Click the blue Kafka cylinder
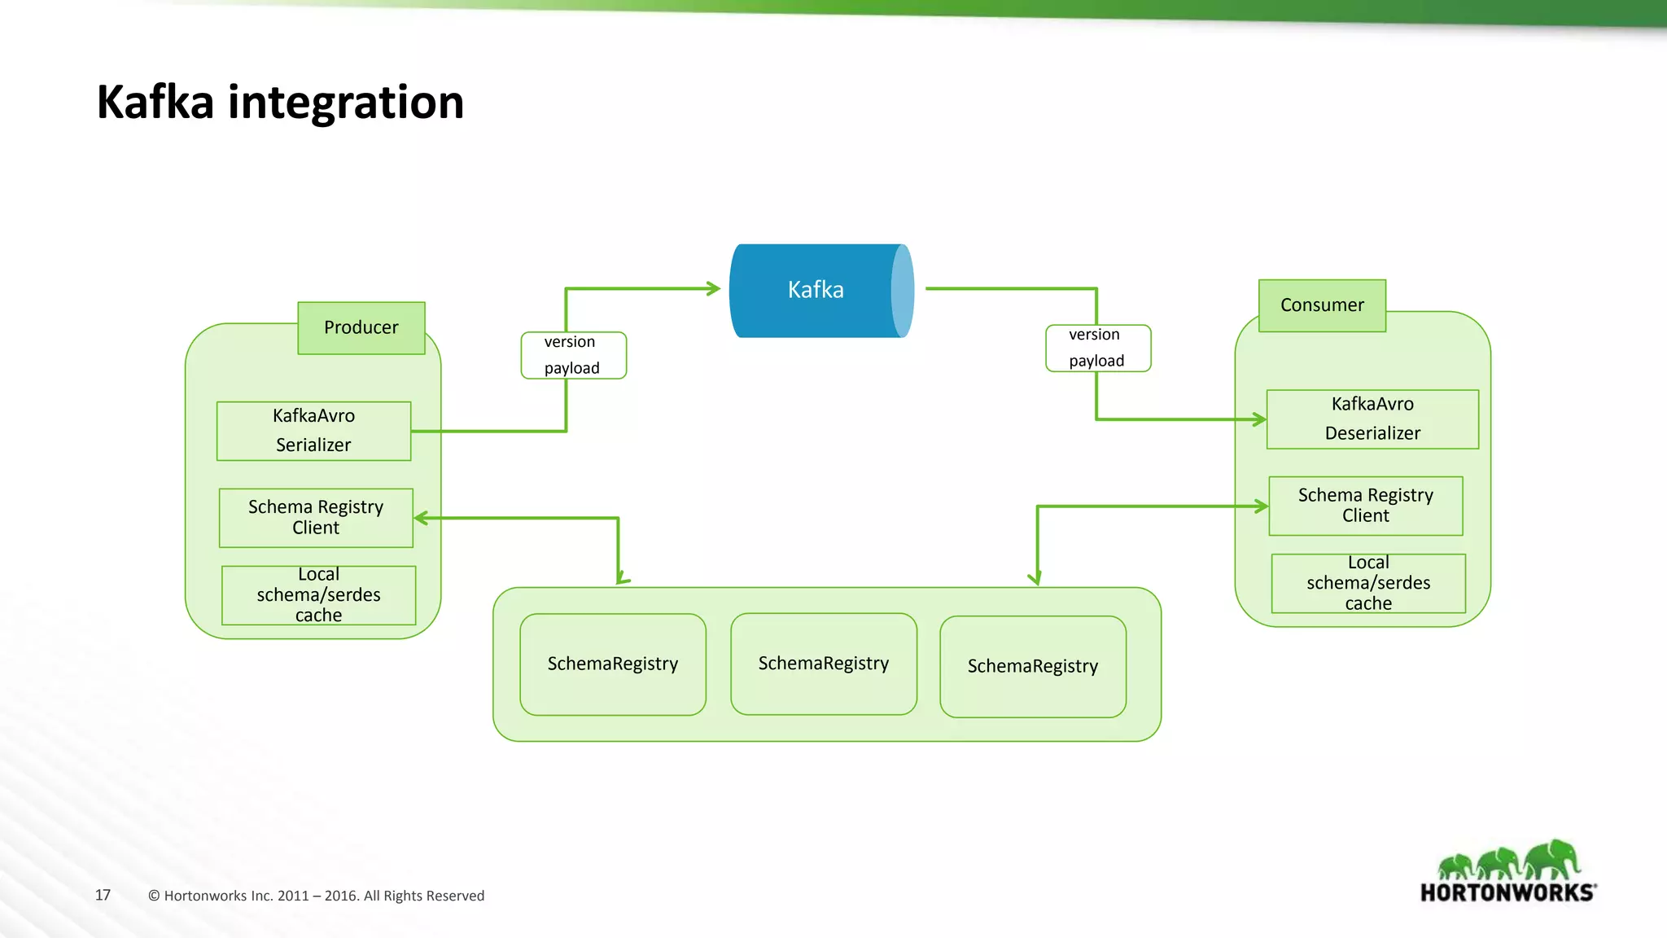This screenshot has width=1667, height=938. [x=818, y=291]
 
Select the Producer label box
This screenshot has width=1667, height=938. [x=361, y=327]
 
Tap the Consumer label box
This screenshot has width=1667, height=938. [x=1322, y=305]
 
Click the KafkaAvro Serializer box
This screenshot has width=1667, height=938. [x=313, y=431]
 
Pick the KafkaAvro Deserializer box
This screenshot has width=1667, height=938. [x=1372, y=419]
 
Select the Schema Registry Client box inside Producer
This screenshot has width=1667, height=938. [x=316, y=517]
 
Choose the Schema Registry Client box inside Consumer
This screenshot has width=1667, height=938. [x=1365, y=506]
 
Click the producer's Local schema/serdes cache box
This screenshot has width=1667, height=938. [x=318, y=595]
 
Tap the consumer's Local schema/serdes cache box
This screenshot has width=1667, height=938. [x=1368, y=583]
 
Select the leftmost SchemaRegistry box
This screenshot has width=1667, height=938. [x=613, y=664]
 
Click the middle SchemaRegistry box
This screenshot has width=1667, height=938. [x=824, y=664]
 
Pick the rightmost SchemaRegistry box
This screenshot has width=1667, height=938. [x=1033, y=666]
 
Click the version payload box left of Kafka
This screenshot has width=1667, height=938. [x=573, y=355]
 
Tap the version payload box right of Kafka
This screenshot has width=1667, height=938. [x=1097, y=348]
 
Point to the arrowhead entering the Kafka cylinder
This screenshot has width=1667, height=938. [x=714, y=288]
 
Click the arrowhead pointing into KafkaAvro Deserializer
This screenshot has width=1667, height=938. [x=1259, y=419]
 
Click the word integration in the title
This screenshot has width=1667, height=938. [x=345, y=103]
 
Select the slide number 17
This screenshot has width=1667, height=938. [x=103, y=895]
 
